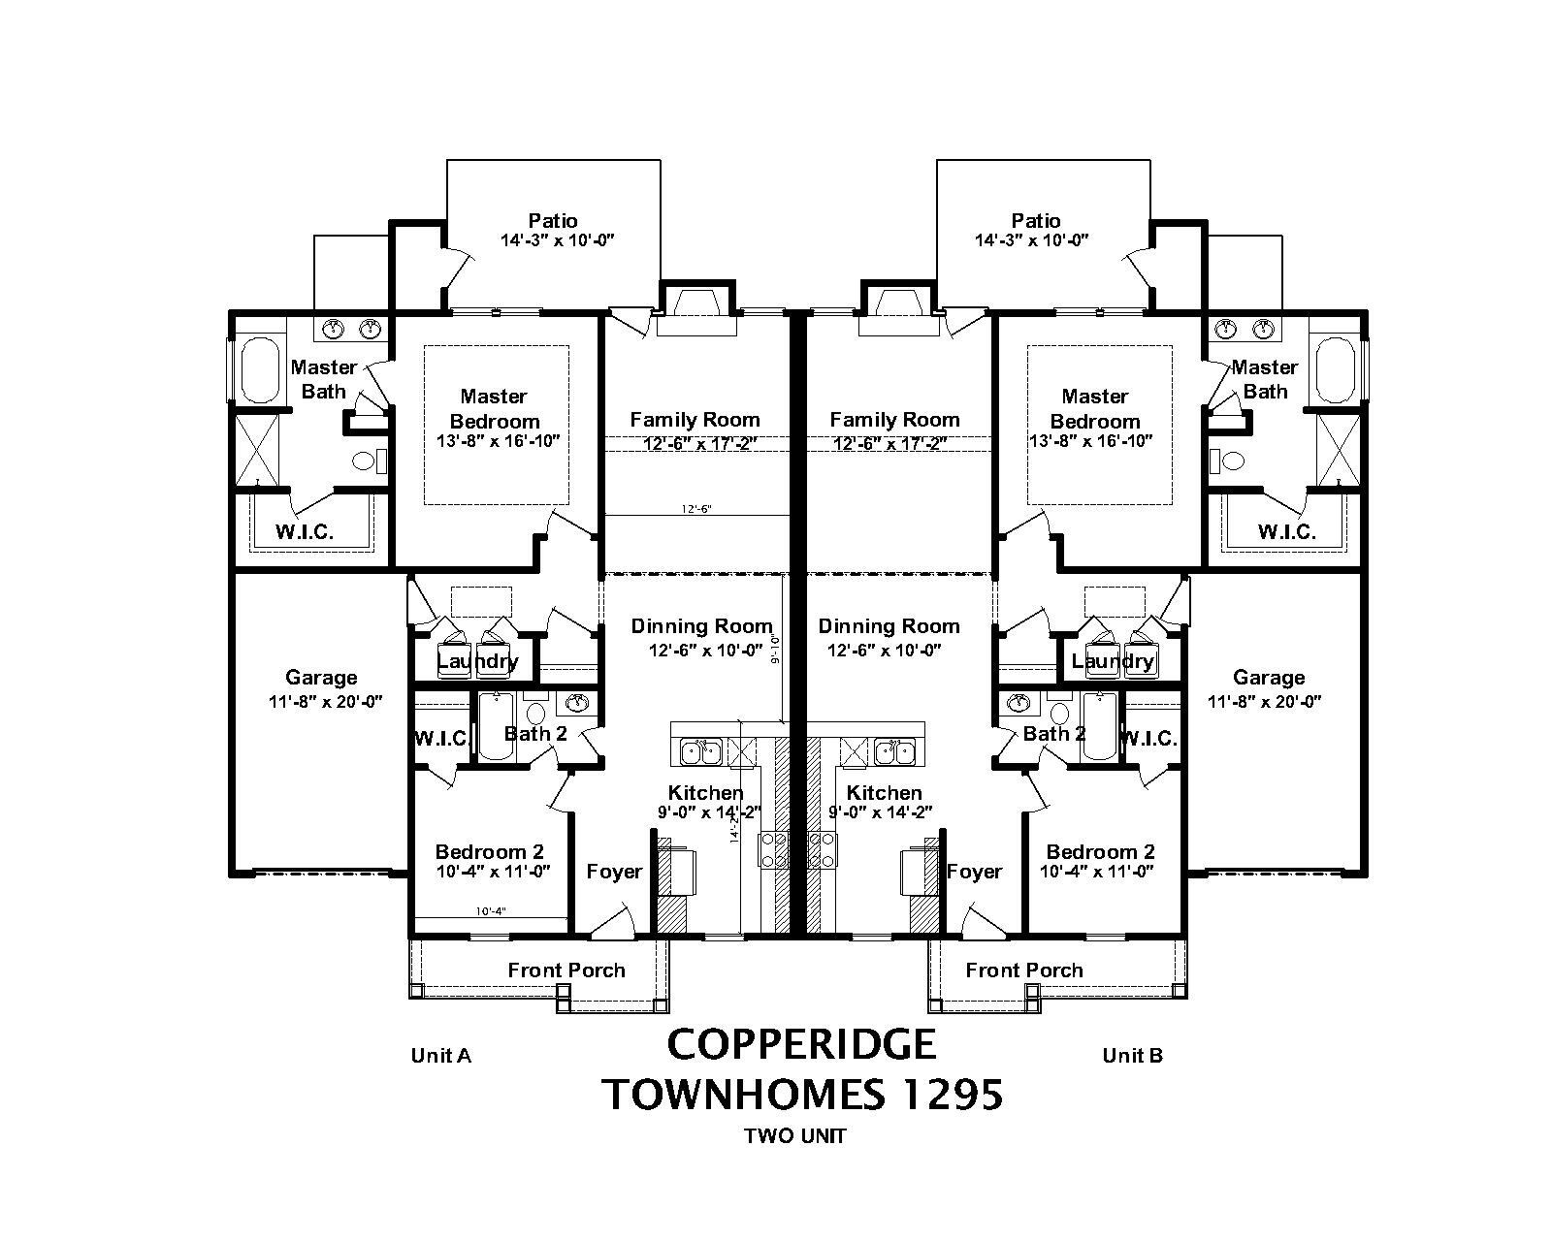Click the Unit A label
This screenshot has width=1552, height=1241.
coord(440,1056)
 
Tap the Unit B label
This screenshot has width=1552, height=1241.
coord(1132,1056)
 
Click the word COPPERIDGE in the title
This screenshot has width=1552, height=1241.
coord(801,1044)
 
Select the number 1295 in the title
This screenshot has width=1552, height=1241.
coord(953,1095)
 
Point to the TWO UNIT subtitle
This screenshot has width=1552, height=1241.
coord(794,1136)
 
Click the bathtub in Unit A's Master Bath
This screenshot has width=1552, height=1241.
coord(259,369)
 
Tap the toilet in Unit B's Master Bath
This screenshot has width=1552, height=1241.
coord(1227,461)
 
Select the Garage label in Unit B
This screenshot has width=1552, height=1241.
coord(1268,678)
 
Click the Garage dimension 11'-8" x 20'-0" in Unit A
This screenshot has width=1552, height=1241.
coord(325,702)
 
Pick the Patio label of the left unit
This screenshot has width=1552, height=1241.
coord(552,221)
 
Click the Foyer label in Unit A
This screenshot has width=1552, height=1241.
coord(614,872)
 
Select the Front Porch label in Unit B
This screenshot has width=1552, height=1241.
coord(1023,971)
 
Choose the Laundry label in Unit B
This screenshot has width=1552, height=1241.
coord(1113,661)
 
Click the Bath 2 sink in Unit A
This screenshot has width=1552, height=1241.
coord(578,702)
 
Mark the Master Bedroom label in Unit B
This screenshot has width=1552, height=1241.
coord(1094,408)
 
